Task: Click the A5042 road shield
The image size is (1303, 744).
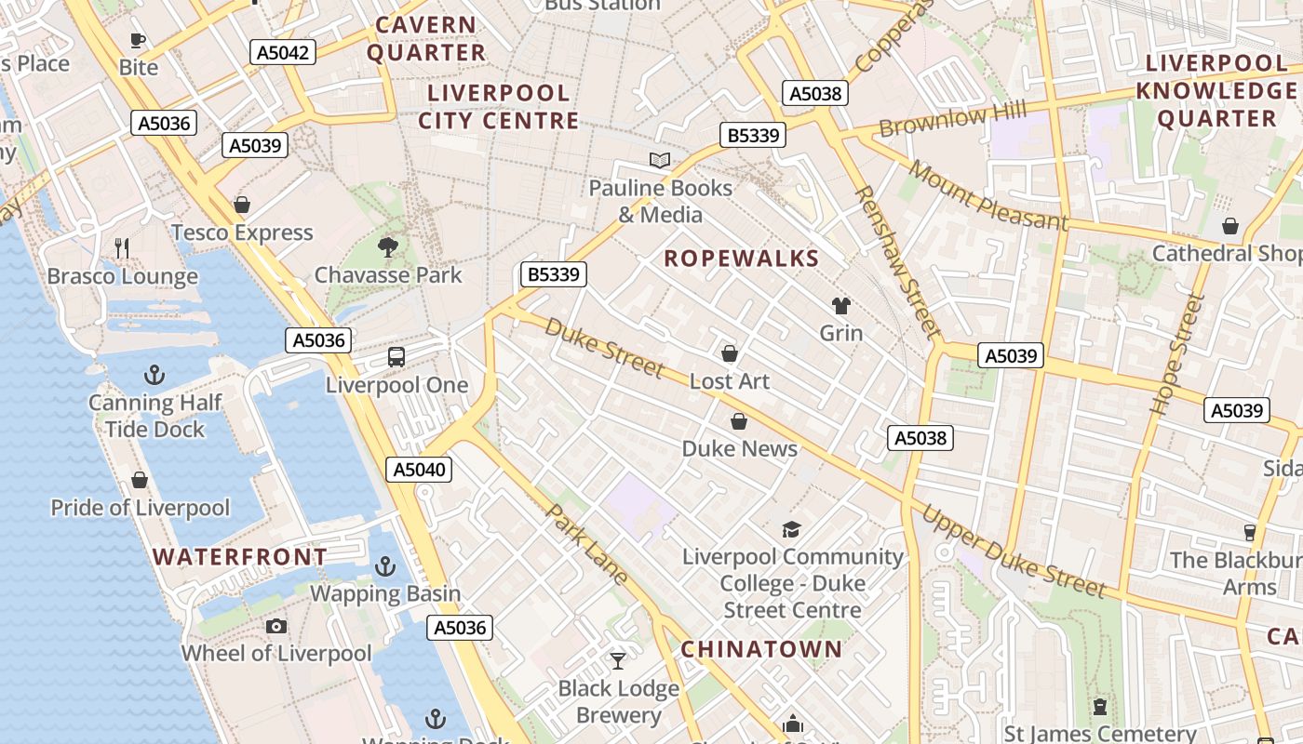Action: pos(283,52)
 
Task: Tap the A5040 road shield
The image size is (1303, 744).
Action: pos(419,470)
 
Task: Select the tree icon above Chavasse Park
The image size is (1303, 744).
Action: pos(388,247)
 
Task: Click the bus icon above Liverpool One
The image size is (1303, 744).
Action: pos(396,357)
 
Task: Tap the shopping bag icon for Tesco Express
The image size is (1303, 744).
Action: pos(242,205)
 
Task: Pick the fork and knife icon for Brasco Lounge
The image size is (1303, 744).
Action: pos(122,247)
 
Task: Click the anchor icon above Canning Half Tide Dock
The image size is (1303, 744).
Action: pos(154,375)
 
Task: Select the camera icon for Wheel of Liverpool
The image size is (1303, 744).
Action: pos(275,626)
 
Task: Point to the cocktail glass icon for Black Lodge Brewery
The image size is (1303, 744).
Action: pos(618,661)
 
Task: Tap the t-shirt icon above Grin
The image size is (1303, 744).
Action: pos(841,306)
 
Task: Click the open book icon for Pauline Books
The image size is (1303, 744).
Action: pos(660,161)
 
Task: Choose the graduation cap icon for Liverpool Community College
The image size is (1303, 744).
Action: pos(791,529)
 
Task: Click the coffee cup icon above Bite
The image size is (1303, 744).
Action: pos(138,40)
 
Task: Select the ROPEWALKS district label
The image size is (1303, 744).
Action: pos(741,259)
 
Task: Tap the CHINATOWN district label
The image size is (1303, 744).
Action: pos(760,649)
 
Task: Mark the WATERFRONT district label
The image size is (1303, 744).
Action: pos(240,557)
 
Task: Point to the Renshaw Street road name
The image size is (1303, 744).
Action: pos(897,260)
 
